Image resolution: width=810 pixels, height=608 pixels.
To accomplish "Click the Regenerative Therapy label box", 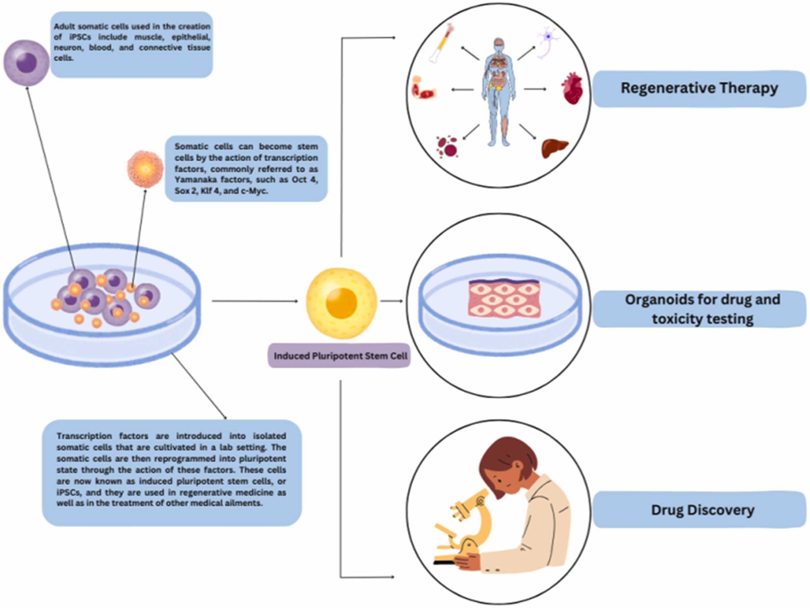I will tap(699, 89).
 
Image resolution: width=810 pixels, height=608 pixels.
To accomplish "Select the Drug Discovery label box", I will tap(702, 510).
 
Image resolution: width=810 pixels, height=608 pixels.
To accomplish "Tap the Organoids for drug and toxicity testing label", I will tap(702, 309).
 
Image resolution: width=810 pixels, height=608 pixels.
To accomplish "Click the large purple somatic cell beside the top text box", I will tap(26, 62).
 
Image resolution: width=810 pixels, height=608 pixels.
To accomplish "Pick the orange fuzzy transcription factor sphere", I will tap(145, 169).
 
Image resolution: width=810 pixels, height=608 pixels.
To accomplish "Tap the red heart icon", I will tap(572, 88).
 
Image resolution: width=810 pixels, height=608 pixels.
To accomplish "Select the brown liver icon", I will tap(554, 148).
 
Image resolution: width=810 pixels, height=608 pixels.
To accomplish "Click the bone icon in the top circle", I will tap(441, 44).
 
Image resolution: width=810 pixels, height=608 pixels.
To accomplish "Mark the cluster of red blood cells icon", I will tap(448, 147).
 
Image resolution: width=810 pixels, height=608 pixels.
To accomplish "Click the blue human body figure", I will tap(498, 91).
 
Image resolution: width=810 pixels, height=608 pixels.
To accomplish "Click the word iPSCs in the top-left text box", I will tap(80, 37).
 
